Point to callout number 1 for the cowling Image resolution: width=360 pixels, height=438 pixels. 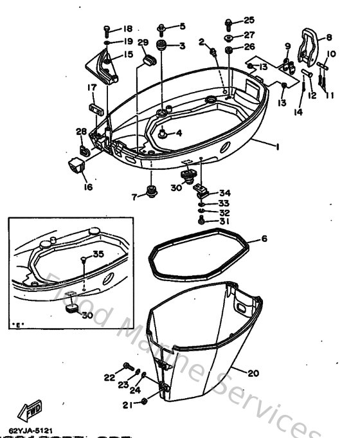[277, 147]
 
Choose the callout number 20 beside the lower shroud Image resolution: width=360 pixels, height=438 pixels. [253, 372]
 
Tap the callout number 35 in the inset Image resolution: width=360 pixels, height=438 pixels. [98, 254]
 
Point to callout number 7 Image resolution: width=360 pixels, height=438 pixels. [134, 197]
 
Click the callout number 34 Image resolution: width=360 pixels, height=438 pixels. [224, 193]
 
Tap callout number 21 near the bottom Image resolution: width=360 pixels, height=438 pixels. [126, 405]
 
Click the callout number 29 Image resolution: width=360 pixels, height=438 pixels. [143, 43]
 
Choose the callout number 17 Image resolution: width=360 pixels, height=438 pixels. [92, 87]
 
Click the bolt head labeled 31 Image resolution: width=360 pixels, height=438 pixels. [203, 221]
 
